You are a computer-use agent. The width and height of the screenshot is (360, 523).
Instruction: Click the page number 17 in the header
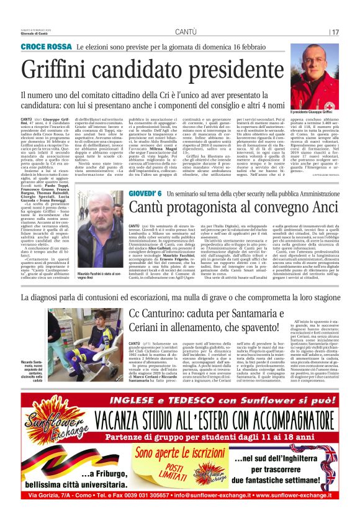point(335,32)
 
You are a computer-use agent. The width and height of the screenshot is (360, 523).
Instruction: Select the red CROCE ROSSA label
point(47,47)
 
